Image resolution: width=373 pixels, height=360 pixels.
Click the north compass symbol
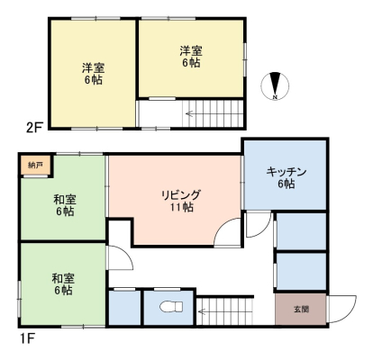tap(275, 86)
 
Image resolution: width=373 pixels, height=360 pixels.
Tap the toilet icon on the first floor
tap(171, 307)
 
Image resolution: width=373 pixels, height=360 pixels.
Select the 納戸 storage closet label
tap(35, 165)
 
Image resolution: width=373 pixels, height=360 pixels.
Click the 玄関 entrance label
tap(301, 309)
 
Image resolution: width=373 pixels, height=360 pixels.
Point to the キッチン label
tap(286, 172)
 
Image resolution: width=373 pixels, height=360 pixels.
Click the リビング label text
tap(180, 195)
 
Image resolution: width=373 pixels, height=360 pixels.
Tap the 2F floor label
tap(35, 128)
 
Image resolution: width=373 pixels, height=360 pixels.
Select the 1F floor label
tap(27, 338)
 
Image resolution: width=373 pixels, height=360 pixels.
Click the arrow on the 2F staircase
tap(189, 113)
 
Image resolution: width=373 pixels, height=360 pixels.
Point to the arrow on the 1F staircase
tap(202, 311)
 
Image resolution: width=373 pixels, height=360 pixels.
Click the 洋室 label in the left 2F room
tap(94, 68)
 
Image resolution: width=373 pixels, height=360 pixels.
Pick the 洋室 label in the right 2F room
tap(191, 50)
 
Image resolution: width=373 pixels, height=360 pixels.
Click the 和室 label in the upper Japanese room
tap(65, 199)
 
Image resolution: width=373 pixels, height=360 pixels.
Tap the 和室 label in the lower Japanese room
tap(63, 279)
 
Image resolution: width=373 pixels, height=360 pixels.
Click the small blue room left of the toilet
tap(124, 308)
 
